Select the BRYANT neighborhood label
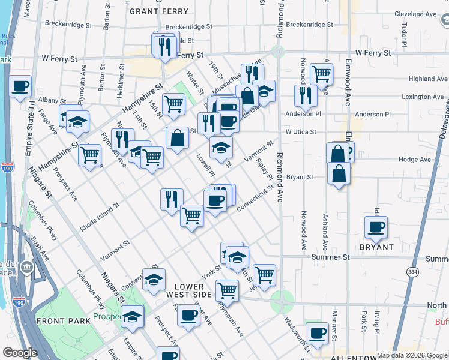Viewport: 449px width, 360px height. click(x=376, y=247)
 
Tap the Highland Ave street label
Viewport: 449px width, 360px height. click(x=428, y=79)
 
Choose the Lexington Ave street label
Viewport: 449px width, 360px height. click(x=423, y=97)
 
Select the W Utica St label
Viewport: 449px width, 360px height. click(x=304, y=131)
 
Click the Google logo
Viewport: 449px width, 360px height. click(x=20, y=353)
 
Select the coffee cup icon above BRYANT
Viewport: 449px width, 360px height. click(x=376, y=226)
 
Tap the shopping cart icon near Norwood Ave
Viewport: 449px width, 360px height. click(x=322, y=74)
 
